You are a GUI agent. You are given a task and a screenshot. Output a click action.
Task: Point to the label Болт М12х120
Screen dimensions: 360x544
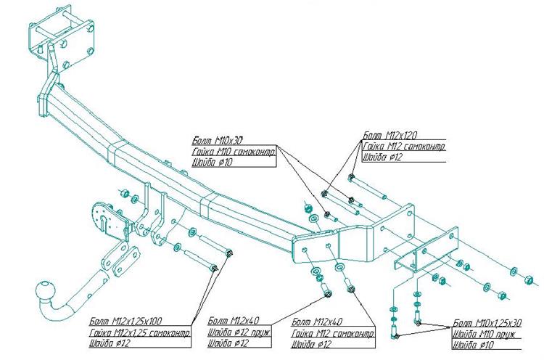[385, 135]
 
